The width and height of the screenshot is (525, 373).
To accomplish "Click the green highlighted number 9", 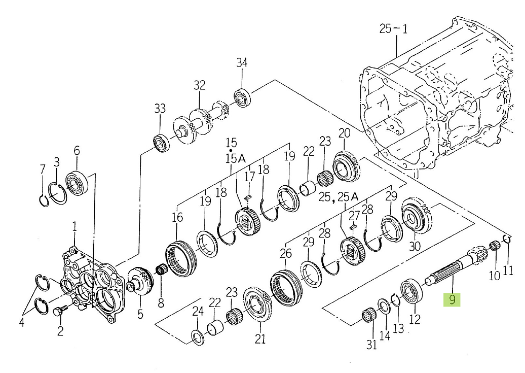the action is (x=452, y=299).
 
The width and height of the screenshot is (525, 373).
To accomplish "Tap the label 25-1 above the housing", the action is (x=393, y=29).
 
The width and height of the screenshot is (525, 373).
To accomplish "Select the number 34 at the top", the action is (x=242, y=63).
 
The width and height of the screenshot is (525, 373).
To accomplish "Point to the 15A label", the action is (x=235, y=158).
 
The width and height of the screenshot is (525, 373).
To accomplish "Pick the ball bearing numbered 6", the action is (x=77, y=183).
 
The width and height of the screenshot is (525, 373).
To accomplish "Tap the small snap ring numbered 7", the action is (x=43, y=200).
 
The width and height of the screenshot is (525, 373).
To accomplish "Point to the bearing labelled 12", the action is (x=411, y=290).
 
